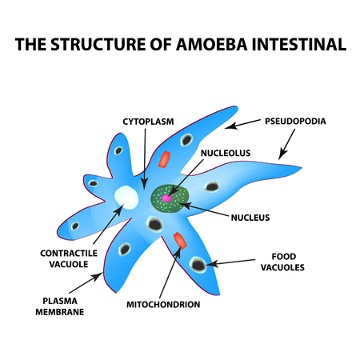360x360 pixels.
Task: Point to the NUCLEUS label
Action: tap(249, 216)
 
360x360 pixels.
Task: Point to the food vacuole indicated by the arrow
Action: tap(198, 263)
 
